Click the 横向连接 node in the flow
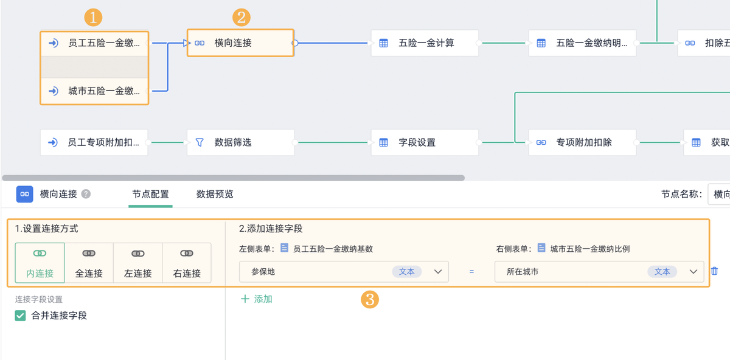click(x=240, y=43)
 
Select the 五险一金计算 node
click(x=425, y=43)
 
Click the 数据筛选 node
click(x=240, y=142)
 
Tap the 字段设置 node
click(x=425, y=142)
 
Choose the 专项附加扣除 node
click(x=582, y=142)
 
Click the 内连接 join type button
click(x=40, y=263)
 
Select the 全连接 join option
click(x=89, y=263)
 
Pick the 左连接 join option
click(x=138, y=263)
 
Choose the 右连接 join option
click(x=187, y=263)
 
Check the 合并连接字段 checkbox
click(x=21, y=316)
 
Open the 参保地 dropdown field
click(x=344, y=272)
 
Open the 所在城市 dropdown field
click(x=599, y=272)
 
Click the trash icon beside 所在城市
click(x=715, y=271)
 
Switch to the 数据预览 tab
click(x=215, y=195)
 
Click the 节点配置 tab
click(x=150, y=195)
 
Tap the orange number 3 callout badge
click(x=370, y=299)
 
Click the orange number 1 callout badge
click(x=93, y=18)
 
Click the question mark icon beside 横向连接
click(x=86, y=194)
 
